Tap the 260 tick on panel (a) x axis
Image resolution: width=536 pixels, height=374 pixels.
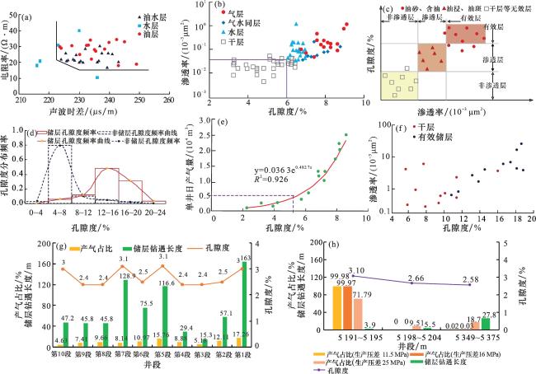click(x=169, y=101)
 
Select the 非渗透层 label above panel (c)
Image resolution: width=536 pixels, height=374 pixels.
click(x=395, y=16)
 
